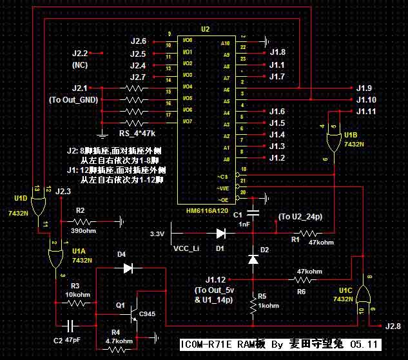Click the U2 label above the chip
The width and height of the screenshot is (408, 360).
205,30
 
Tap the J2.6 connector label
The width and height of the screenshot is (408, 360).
139,41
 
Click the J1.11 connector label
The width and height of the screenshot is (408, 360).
368,112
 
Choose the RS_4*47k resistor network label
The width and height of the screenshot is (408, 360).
137,134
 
